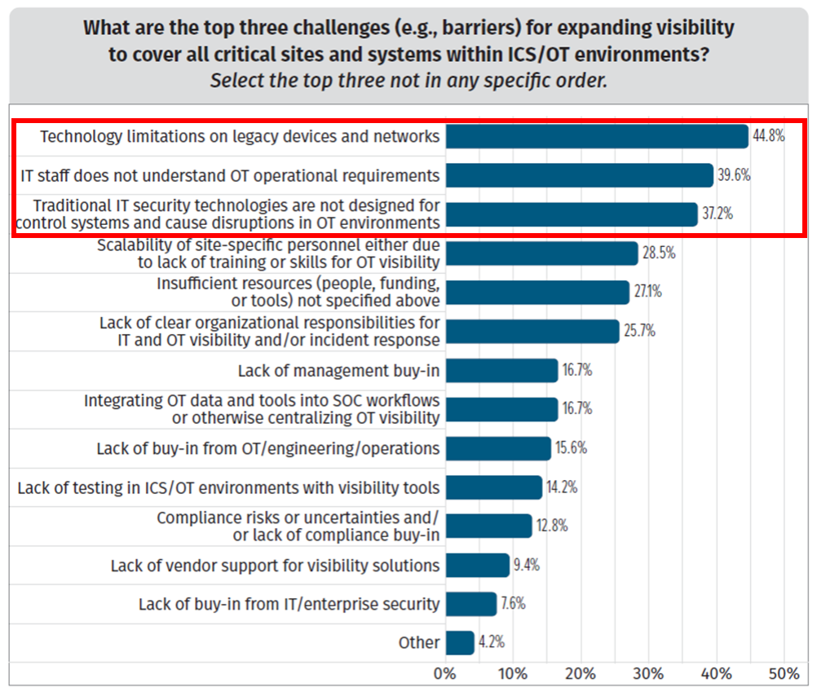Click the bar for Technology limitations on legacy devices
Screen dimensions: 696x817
coord(597,136)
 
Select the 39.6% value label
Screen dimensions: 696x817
coord(733,175)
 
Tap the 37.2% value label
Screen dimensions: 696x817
coord(717,214)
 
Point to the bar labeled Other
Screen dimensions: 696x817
coord(460,642)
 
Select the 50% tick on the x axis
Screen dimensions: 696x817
coord(784,674)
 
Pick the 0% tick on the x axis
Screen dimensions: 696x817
coord(445,674)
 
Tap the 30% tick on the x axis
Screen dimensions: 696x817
coord(648,674)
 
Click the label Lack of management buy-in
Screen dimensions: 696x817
coord(338,371)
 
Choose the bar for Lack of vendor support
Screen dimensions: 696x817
coord(478,565)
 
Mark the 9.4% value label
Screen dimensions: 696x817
coord(525,565)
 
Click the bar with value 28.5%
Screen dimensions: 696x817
coord(541,253)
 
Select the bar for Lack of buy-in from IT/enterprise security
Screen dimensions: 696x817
coord(471,604)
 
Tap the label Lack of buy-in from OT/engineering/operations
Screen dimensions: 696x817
coord(268,448)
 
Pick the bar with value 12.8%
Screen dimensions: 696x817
coord(489,526)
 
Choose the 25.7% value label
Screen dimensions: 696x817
coord(639,331)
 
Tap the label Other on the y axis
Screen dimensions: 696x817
coord(419,642)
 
